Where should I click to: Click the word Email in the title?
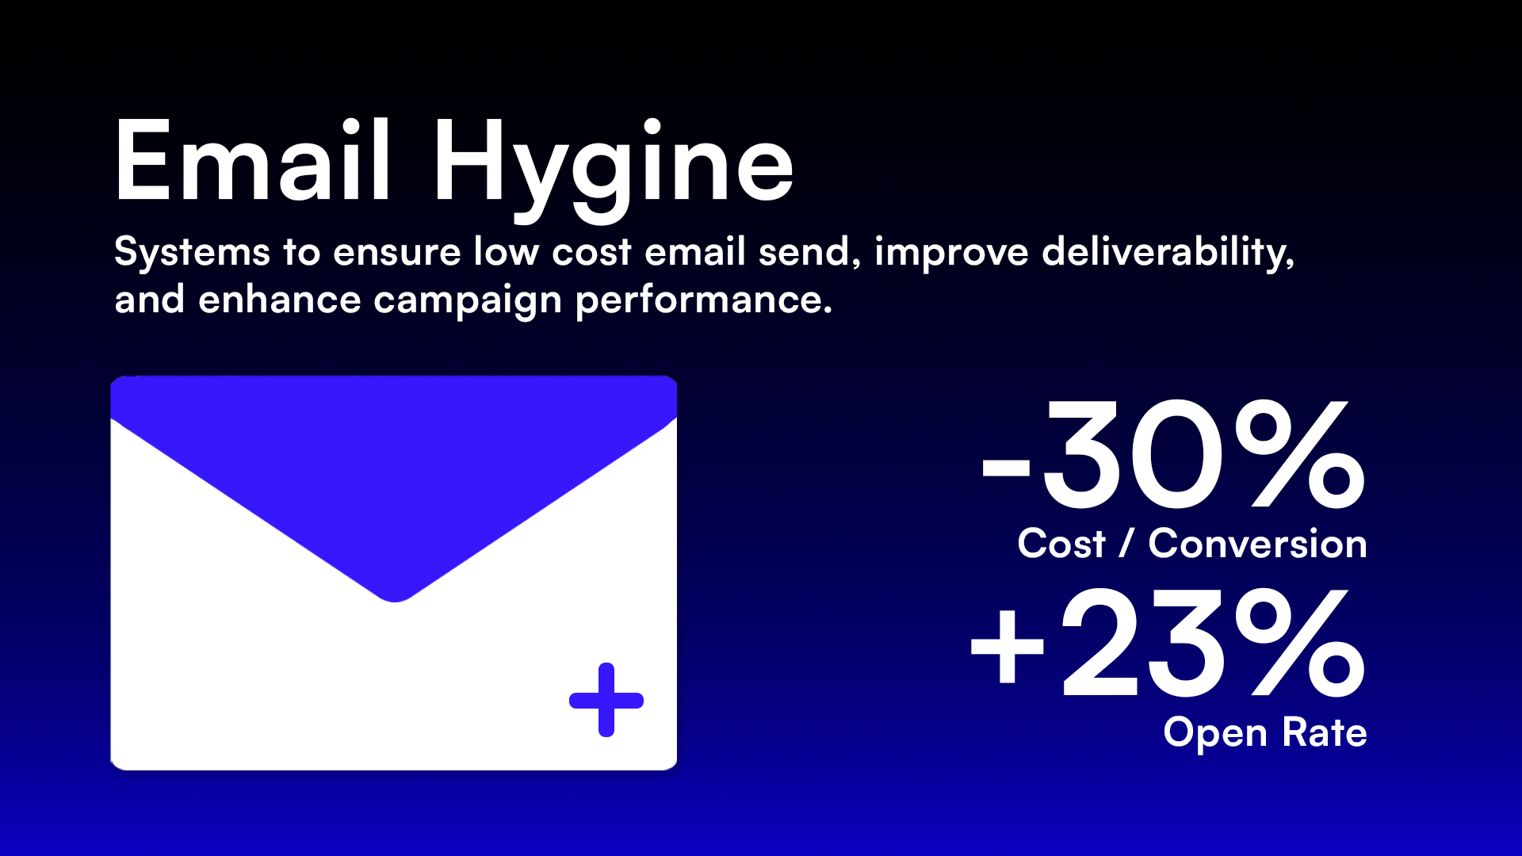point(252,162)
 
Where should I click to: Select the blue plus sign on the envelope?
point(606,700)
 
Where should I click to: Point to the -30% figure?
point(1173,456)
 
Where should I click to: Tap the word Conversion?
point(1257,545)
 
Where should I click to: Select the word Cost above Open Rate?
point(1061,545)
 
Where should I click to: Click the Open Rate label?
point(1265,733)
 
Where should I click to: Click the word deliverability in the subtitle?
point(1167,253)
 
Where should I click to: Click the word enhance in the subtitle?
point(280,300)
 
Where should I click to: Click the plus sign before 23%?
point(1007,645)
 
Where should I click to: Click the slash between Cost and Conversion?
point(1127,545)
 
